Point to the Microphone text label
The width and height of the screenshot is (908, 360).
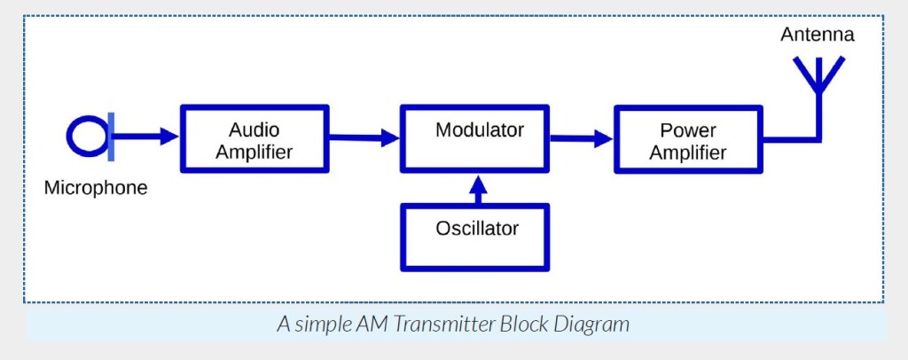96,188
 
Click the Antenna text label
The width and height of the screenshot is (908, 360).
817,35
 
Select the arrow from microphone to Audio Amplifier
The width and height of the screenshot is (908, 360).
145,137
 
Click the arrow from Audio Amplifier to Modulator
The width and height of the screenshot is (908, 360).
364,137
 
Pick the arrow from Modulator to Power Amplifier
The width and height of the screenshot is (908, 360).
582,139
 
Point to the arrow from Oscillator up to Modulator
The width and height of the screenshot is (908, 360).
478,189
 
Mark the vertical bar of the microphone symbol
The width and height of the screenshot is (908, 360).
111,136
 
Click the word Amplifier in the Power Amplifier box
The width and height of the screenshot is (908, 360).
688,153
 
